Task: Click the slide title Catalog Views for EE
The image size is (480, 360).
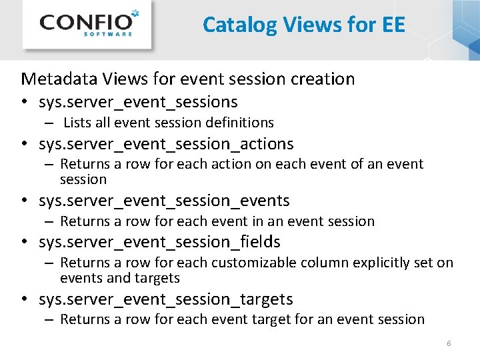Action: click(x=303, y=25)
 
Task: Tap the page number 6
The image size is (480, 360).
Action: click(x=449, y=343)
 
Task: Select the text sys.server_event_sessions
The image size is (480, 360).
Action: click(x=138, y=102)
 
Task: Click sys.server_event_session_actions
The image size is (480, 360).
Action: click(x=166, y=144)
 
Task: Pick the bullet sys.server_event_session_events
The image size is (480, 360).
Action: click(x=164, y=201)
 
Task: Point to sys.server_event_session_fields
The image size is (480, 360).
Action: click(x=159, y=242)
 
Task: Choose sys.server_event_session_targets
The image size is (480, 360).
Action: click(x=165, y=299)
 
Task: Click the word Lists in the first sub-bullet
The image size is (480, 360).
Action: click(x=77, y=123)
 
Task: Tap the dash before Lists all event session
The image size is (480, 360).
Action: click(x=50, y=123)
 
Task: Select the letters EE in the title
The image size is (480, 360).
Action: click(x=393, y=25)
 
